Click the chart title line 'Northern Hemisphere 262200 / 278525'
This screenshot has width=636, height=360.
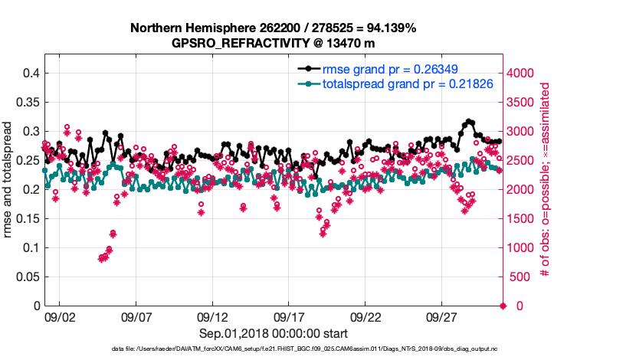[274, 28]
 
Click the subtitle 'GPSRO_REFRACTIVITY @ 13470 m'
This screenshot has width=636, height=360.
[274, 43]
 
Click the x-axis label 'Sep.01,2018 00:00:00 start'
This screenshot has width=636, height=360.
[274, 334]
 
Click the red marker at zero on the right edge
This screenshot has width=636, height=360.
[503, 306]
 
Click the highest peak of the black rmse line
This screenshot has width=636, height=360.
[469, 122]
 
